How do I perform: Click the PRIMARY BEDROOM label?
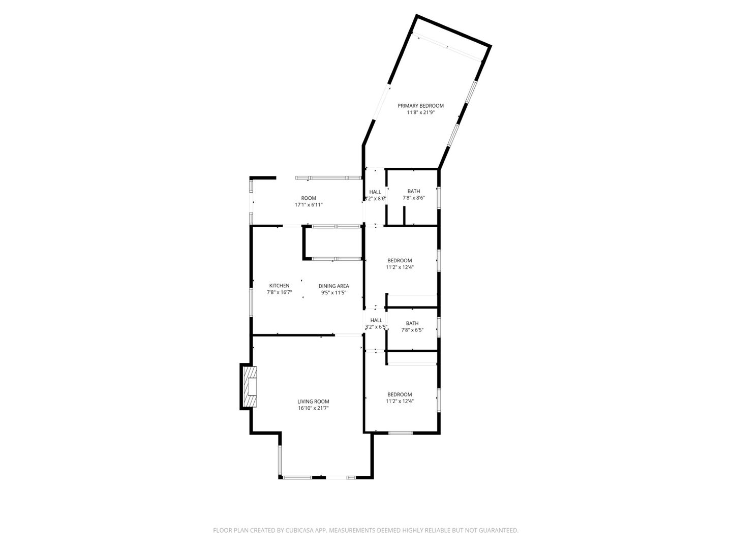pyautogui.click(x=420, y=106)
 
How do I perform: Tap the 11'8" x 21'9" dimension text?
pyautogui.click(x=420, y=113)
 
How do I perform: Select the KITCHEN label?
pyautogui.click(x=279, y=286)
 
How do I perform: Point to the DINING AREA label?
pyautogui.click(x=333, y=286)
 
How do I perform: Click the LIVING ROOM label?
pyautogui.click(x=314, y=402)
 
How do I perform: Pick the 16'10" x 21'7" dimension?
pyautogui.click(x=314, y=408)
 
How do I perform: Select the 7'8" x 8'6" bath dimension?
pyautogui.click(x=413, y=198)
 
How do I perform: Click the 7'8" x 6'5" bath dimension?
pyautogui.click(x=412, y=330)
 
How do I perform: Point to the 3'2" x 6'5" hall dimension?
pyautogui.click(x=376, y=327)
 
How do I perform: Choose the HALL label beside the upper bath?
pyautogui.click(x=375, y=192)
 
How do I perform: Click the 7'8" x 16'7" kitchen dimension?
pyautogui.click(x=279, y=292)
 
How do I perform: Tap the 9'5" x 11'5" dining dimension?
pyautogui.click(x=333, y=292)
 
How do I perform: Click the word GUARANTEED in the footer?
pyautogui.click(x=495, y=530)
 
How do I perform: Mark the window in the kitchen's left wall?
pyautogui.click(x=251, y=302)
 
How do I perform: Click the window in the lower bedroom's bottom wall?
pyautogui.click(x=401, y=433)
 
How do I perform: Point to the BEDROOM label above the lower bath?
pyautogui.click(x=400, y=260)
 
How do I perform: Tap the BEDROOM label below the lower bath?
pyautogui.click(x=400, y=394)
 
